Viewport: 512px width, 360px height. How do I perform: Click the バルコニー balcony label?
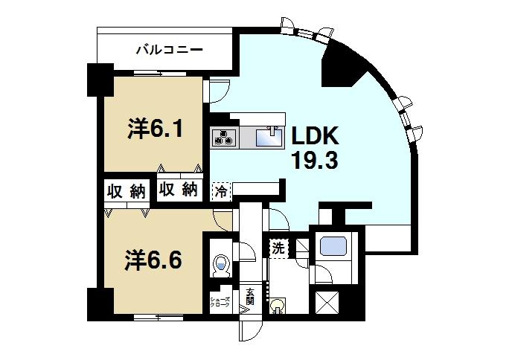pyautogui.click(x=170, y=51)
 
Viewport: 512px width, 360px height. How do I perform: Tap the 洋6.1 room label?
pyautogui.click(x=156, y=129)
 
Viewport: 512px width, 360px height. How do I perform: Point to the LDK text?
pyautogui.click(x=315, y=136)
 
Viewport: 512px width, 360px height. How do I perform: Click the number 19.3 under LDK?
pyautogui.click(x=315, y=161)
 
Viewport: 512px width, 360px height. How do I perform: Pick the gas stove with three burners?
pyautogui.click(x=224, y=137)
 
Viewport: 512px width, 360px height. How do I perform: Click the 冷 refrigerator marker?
pyautogui.click(x=221, y=191)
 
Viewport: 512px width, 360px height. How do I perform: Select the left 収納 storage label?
pyautogui.click(x=124, y=191)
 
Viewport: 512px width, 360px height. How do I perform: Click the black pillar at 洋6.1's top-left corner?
pyautogui.click(x=99, y=80)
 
